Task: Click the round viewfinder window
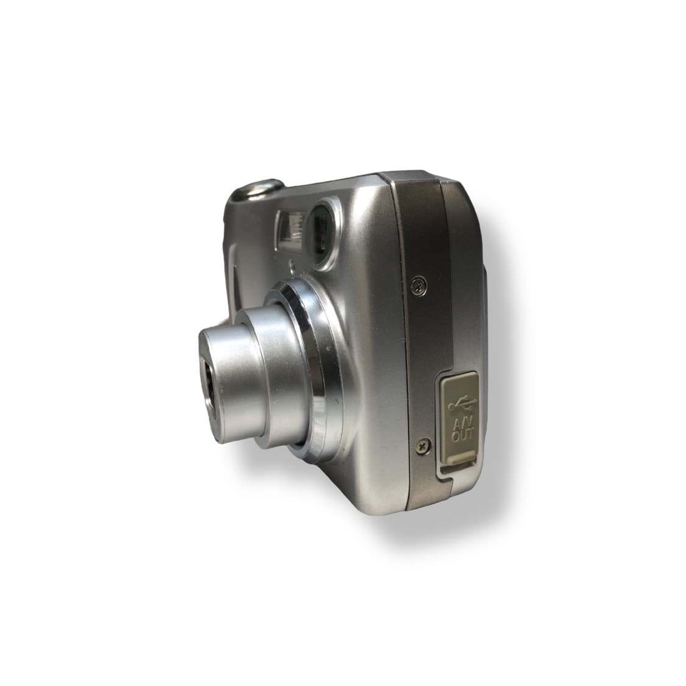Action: [x=320, y=235]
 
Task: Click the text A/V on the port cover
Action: [x=462, y=424]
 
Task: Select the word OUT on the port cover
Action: [x=462, y=435]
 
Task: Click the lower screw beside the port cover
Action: [x=423, y=446]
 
